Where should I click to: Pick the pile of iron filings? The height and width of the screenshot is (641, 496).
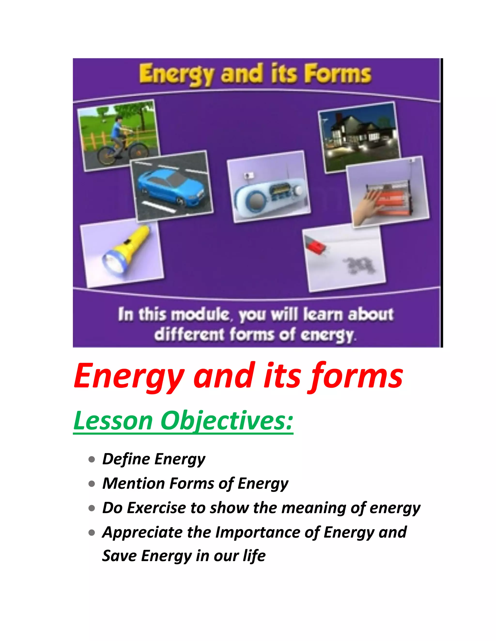coord(360,264)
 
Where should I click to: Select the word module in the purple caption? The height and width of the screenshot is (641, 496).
coord(200,315)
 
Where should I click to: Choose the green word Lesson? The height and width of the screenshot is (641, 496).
coord(113,421)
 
